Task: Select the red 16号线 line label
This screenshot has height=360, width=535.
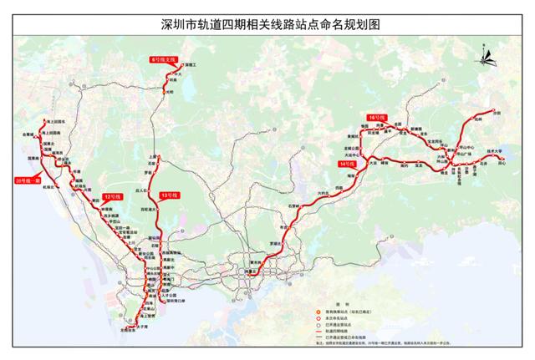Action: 375,118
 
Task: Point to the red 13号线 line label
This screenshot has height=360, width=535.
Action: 171,195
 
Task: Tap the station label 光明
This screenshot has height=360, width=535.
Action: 172,92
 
